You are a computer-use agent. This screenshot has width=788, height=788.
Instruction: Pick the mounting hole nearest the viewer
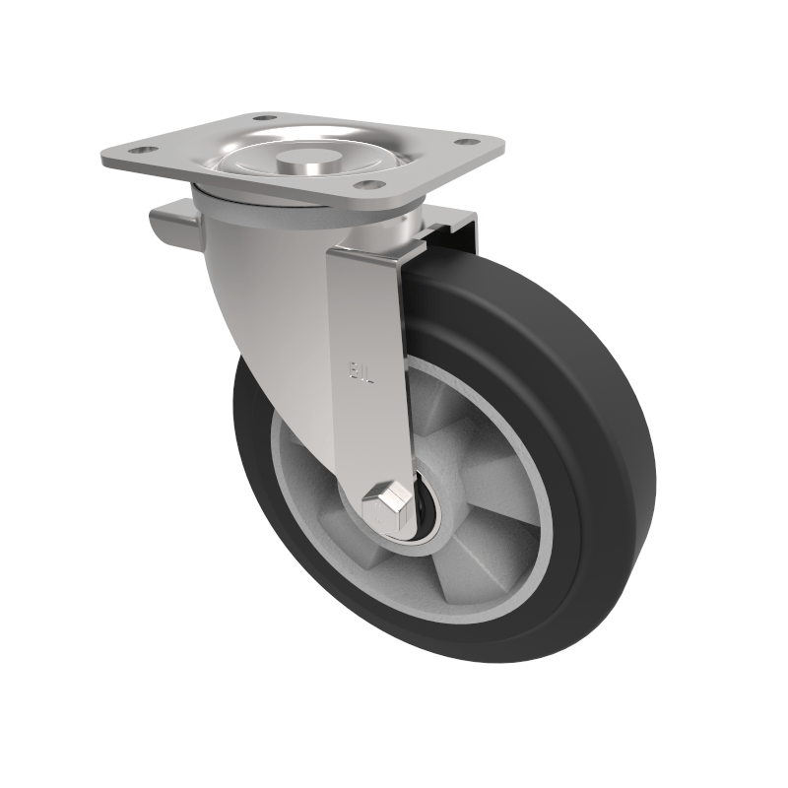(x=365, y=184)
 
